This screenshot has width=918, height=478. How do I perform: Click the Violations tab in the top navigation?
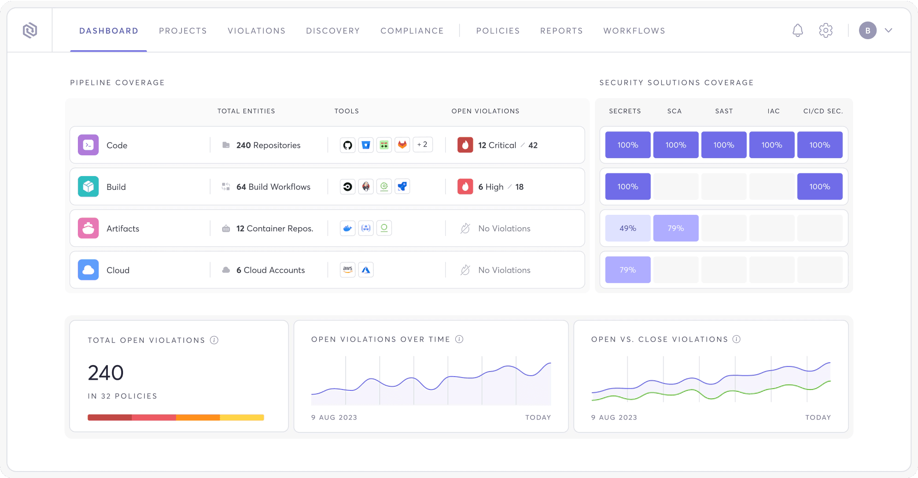(x=256, y=31)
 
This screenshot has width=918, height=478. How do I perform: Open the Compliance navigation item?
(x=412, y=31)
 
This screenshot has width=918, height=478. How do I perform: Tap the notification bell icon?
(x=797, y=30)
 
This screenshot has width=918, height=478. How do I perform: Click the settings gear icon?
(x=825, y=30)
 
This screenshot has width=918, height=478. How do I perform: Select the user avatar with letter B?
(x=867, y=30)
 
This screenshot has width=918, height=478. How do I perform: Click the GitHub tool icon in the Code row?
(x=347, y=145)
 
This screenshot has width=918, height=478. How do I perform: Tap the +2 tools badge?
(x=422, y=145)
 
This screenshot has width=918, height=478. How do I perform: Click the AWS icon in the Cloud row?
(x=347, y=270)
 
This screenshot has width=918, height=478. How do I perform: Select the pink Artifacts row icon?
(x=88, y=228)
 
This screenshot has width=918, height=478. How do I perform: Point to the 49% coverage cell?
(x=628, y=228)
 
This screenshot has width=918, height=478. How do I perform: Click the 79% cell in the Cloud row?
(x=628, y=270)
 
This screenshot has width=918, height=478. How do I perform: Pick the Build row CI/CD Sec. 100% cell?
(x=819, y=187)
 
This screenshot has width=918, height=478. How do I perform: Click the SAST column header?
(x=724, y=111)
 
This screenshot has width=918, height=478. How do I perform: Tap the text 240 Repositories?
(x=268, y=145)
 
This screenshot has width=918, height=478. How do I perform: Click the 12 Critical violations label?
(x=497, y=145)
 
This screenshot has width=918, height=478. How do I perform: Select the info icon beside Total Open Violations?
(x=214, y=340)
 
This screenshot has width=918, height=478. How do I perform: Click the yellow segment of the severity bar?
(x=242, y=418)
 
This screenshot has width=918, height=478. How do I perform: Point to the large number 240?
(x=106, y=372)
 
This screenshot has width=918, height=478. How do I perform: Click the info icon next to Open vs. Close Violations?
(x=736, y=339)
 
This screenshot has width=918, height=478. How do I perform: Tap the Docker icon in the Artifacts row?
(x=347, y=228)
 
